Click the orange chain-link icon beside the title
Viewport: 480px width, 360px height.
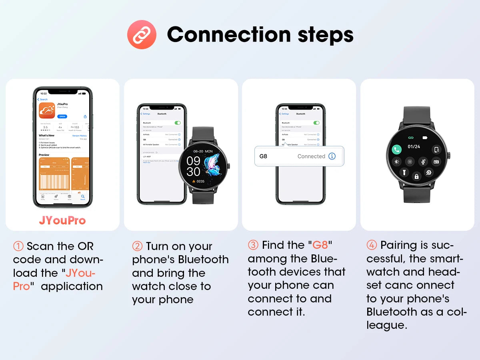tap(141, 35)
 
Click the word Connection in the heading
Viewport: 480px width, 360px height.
tap(228, 34)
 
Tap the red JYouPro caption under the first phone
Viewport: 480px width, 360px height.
tap(62, 220)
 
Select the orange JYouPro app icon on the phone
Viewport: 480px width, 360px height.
tap(47, 110)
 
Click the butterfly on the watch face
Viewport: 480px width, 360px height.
tap(212, 165)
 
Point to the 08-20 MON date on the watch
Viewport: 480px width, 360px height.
tap(203, 152)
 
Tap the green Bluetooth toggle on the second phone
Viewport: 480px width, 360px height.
tap(178, 123)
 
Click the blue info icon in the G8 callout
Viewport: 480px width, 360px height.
tap(332, 156)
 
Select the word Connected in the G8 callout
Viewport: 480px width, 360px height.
tap(311, 156)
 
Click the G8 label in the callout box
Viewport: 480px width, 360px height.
tap(263, 156)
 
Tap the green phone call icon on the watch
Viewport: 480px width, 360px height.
tap(396, 150)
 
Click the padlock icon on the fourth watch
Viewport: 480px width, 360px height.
tap(416, 176)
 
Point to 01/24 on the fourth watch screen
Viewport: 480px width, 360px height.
tap(414, 147)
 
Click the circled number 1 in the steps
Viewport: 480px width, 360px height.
tap(18, 246)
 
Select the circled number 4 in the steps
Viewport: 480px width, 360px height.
tap(372, 245)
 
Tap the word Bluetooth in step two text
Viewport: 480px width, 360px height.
tap(203, 260)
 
